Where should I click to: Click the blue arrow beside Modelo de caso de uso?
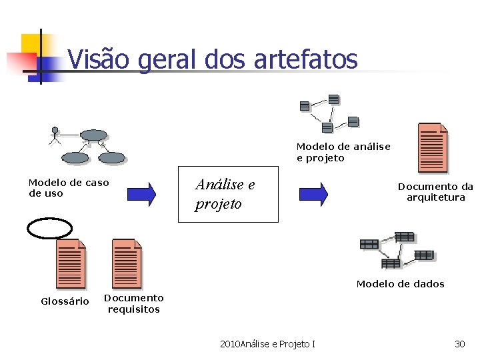141,193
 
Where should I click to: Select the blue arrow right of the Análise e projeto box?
313,193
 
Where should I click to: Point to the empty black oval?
49,227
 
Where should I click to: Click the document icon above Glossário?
71,264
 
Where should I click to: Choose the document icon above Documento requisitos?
127,264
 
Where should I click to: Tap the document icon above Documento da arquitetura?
432,148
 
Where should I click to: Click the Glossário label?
65,301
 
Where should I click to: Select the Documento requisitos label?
134,303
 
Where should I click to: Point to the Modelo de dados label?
400,284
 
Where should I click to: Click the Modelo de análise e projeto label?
343,152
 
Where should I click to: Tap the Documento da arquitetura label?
436,192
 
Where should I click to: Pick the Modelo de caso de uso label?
69,187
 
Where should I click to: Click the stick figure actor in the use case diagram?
55,135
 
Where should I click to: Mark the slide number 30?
459,344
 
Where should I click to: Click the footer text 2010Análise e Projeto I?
268,344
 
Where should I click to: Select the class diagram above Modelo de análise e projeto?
329,113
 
